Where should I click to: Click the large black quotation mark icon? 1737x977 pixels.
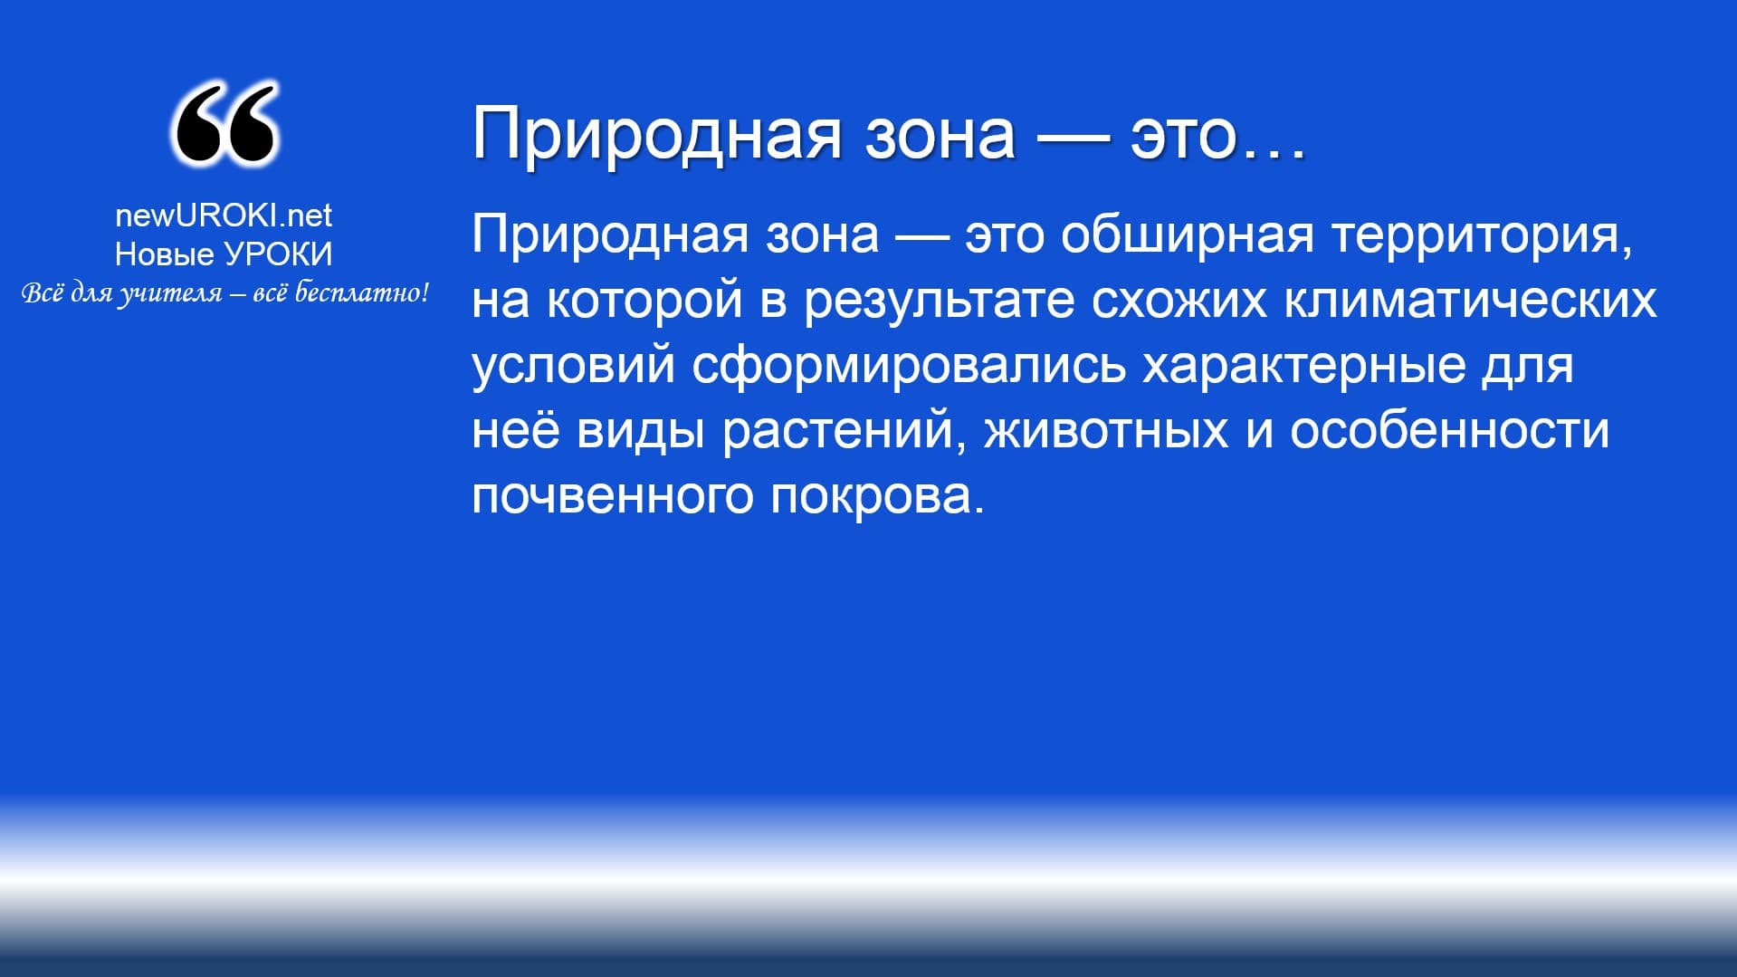coord(224,123)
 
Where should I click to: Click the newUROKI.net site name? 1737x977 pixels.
coord(224,216)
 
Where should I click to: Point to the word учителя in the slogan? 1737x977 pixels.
coord(171,294)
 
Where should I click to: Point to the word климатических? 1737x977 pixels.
coord(1470,301)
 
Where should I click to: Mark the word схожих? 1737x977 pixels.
coord(1179,301)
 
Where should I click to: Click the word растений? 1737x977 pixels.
coord(838,431)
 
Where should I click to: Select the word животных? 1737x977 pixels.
coord(1106,431)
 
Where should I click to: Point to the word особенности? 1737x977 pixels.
coord(1449,430)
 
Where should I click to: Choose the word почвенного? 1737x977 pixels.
coord(613,496)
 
